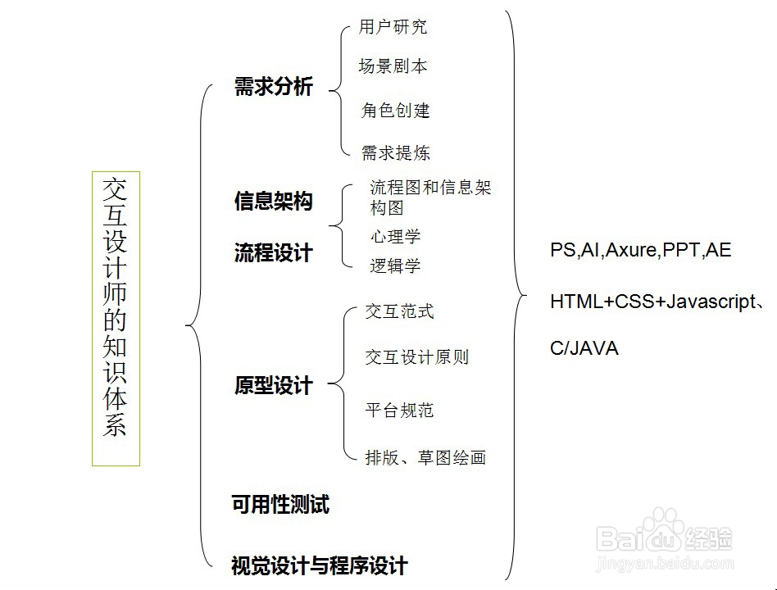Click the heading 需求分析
pyautogui.click(x=274, y=88)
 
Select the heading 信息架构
pyautogui.click(x=274, y=201)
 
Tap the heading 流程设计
pyautogui.click(x=274, y=253)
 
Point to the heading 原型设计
pyautogui.click(x=274, y=386)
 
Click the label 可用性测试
pyautogui.click(x=280, y=505)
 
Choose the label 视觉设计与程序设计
pyautogui.click(x=320, y=565)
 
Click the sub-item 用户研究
pyautogui.click(x=393, y=27)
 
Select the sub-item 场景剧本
pyautogui.click(x=393, y=66)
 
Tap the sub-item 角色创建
pyautogui.click(x=396, y=111)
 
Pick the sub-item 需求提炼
pyautogui.click(x=396, y=153)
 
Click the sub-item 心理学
pyautogui.click(x=395, y=238)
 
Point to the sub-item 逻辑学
pyautogui.click(x=395, y=265)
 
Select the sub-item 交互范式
pyautogui.click(x=399, y=311)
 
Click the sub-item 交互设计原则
pyautogui.click(x=417, y=357)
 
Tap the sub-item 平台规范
pyautogui.click(x=399, y=411)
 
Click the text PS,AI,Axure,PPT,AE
pyautogui.click(x=640, y=251)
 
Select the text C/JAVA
pyautogui.click(x=584, y=349)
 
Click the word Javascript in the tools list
pyautogui.click(x=710, y=302)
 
